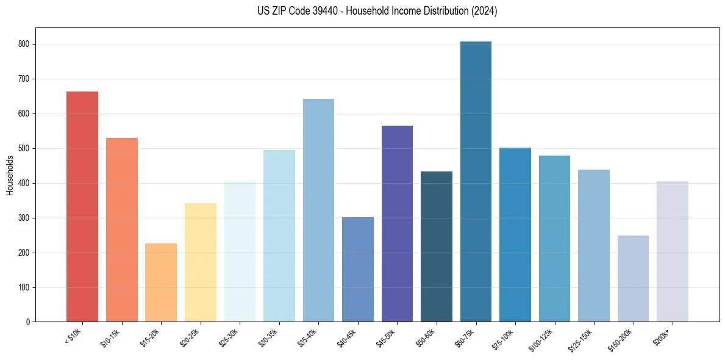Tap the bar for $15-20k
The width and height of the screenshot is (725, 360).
pos(161,283)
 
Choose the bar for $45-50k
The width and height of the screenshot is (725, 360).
pos(397,223)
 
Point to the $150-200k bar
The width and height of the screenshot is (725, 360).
pos(633,278)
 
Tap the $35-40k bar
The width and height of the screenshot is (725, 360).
pos(318,210)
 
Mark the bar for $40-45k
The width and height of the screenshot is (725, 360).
pos(358,269)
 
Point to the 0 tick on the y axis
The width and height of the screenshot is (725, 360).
pos(28,322)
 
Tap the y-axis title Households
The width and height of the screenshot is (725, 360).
pos(10,175)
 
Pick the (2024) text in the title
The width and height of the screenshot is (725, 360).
pos(483,11)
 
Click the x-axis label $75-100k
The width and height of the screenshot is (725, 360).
pos(504,337)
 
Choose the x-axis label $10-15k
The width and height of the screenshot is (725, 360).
pos(110,337)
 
